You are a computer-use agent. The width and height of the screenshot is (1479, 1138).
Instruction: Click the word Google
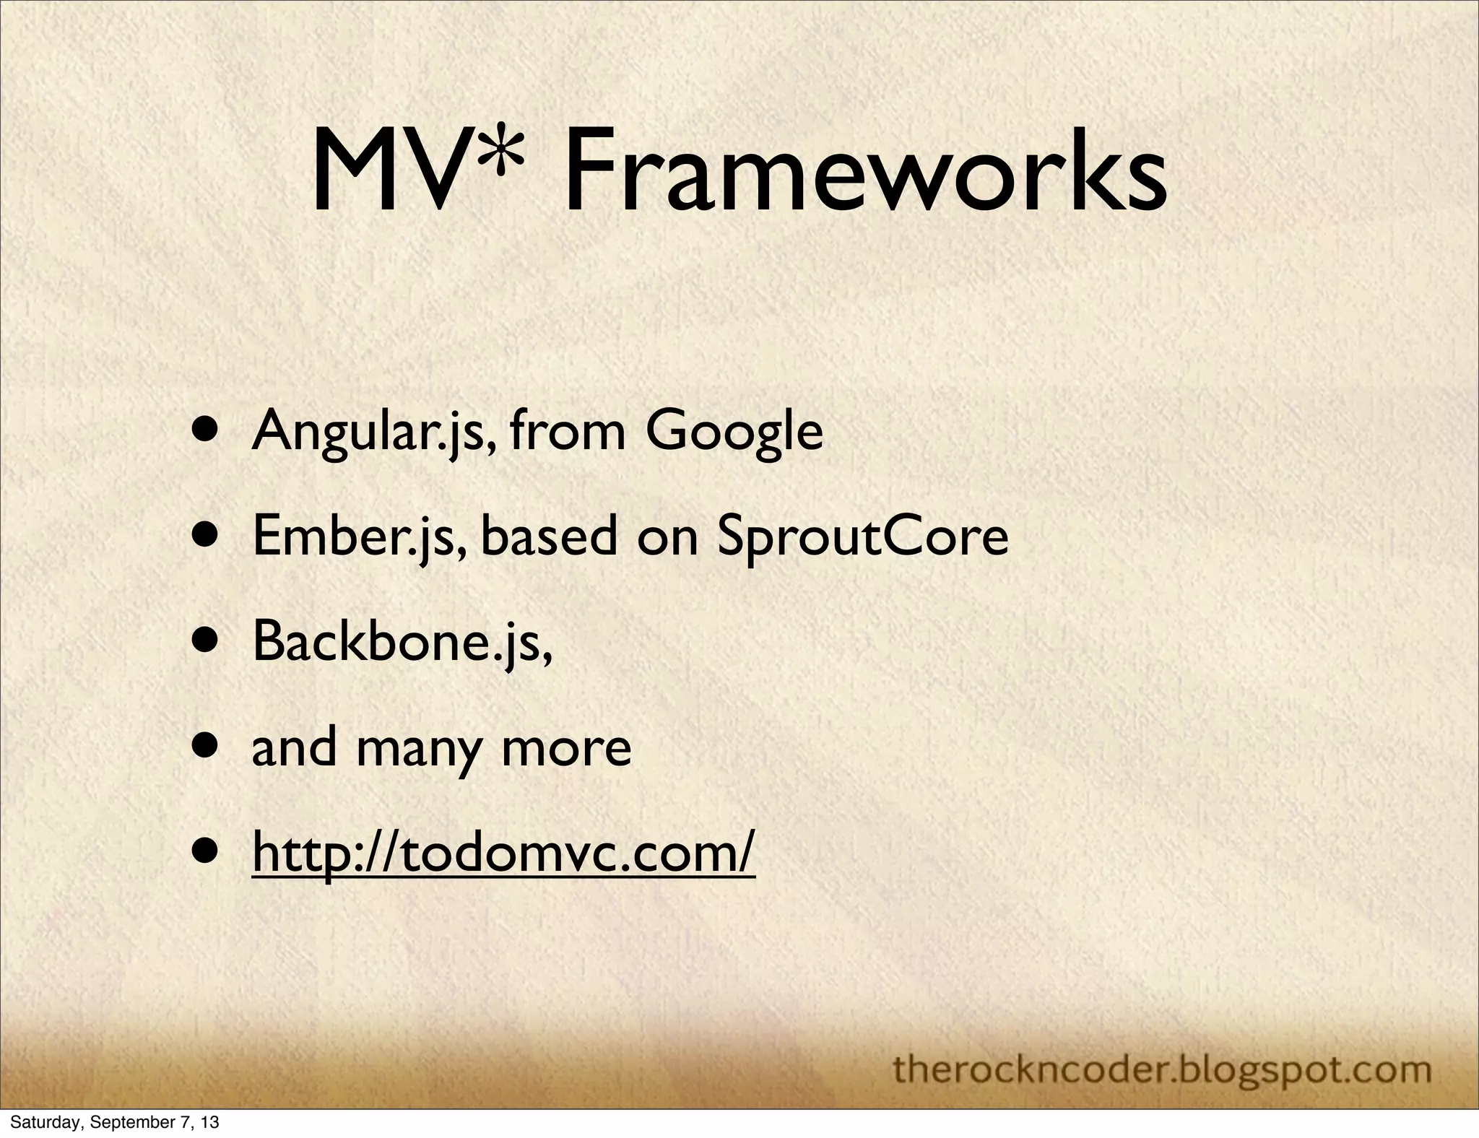tap(734, 432)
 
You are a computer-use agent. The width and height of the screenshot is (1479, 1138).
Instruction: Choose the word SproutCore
tap(863, 537)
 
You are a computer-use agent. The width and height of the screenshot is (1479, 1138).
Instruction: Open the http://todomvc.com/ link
tap(503, 853)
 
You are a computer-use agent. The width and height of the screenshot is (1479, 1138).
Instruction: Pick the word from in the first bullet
tap(567, 432)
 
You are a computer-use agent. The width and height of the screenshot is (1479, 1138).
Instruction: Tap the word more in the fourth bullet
tap(566, 748)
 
